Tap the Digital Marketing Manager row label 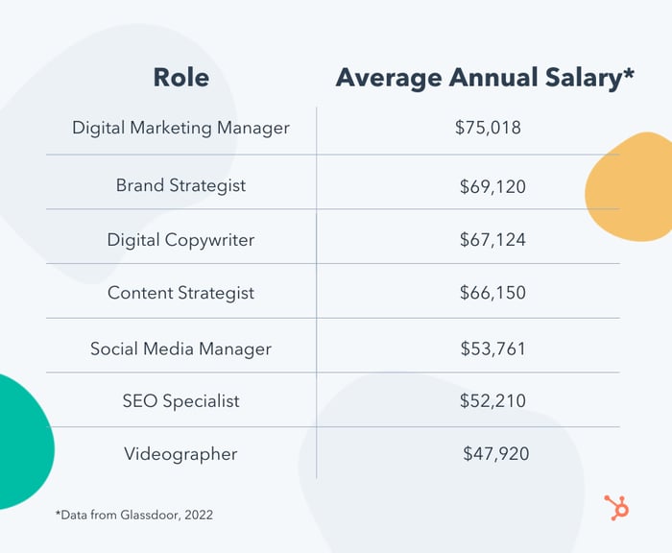click(180, 128)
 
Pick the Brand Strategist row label click(180, 185)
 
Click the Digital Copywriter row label click(180, 240)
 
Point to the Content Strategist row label click(180, 293)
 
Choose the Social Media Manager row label click(180, 349)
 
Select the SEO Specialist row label click(180, 400)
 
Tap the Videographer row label click(180, 453)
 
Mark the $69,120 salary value click(492, 186)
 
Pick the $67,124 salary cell click(492, 240)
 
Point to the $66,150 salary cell click(492, 293)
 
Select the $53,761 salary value click(492, 349)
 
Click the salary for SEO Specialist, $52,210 click(492, 400)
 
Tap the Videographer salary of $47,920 click(495, 453)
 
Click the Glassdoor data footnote click(133, 515)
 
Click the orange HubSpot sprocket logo click(616, 507)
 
